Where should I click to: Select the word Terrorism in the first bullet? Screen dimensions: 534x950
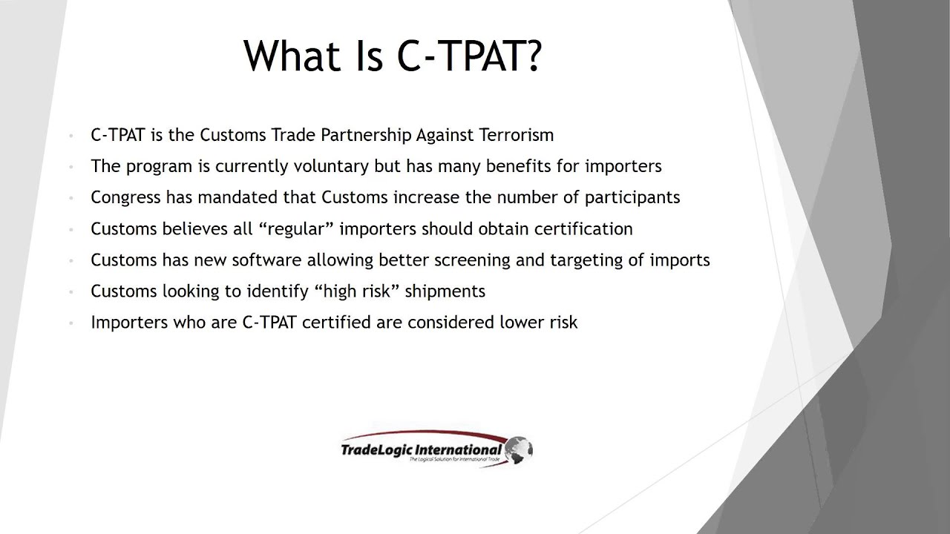coord(516,135)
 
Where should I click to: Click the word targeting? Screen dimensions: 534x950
coord(602,260)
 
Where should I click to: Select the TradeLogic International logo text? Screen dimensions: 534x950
coord(422,449)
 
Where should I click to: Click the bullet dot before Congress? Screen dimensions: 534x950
coord(71,198)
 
